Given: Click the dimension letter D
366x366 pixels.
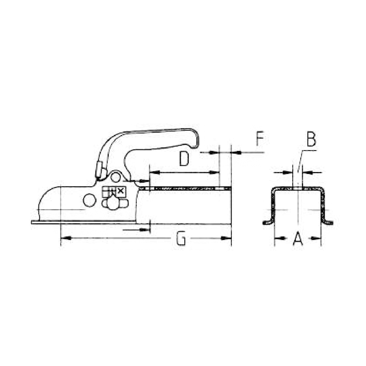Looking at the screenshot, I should point(184,159).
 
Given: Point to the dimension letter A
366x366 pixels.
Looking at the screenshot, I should point(298,238).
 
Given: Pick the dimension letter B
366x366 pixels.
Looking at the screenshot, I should point(311,139).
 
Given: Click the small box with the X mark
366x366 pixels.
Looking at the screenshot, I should point(121,191).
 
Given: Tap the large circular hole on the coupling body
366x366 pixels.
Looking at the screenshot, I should point(90,199).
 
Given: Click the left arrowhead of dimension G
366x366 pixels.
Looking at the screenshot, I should point(65,238).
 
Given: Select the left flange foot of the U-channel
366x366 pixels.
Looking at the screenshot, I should point(267,222).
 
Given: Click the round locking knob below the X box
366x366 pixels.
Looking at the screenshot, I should point(112,204).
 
